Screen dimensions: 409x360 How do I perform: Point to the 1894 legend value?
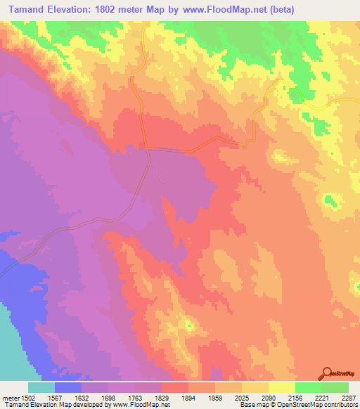[188, 398]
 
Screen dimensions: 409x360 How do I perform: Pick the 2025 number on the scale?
[242, 398]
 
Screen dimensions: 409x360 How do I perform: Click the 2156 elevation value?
[295, 398]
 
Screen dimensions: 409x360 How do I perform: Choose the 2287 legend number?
[348, 398]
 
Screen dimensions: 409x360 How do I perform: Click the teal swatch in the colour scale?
[41, 387]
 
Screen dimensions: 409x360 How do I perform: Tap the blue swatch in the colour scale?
[67, 387]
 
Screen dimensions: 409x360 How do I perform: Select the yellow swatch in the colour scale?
[281, 387]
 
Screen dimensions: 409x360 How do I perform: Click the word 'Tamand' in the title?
[28, 10]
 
